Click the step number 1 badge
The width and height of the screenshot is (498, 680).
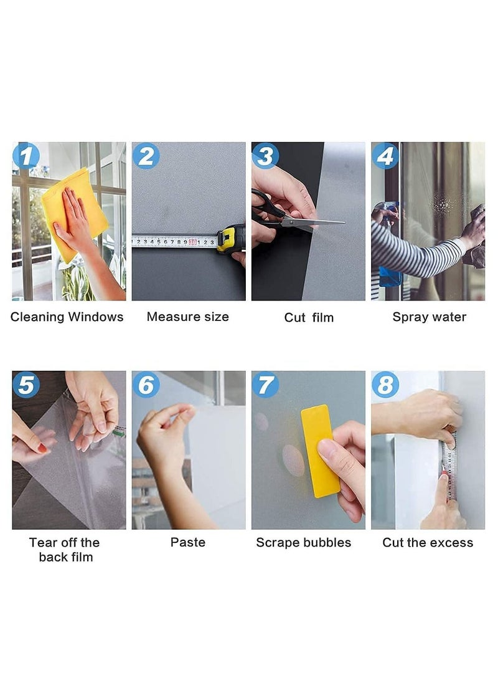click(26, 156)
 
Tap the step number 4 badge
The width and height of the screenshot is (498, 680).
click(385, 156)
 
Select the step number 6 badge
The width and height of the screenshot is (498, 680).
click(145, 385)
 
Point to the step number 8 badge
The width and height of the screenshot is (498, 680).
click(385, 385)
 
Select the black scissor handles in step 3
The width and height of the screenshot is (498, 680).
click(265, 209)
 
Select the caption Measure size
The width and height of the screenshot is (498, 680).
click(187, 317)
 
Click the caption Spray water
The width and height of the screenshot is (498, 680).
click(429, 317)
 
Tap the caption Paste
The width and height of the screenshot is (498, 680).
click(187, 543)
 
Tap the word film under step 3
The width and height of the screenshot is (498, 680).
click(322, 318)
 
